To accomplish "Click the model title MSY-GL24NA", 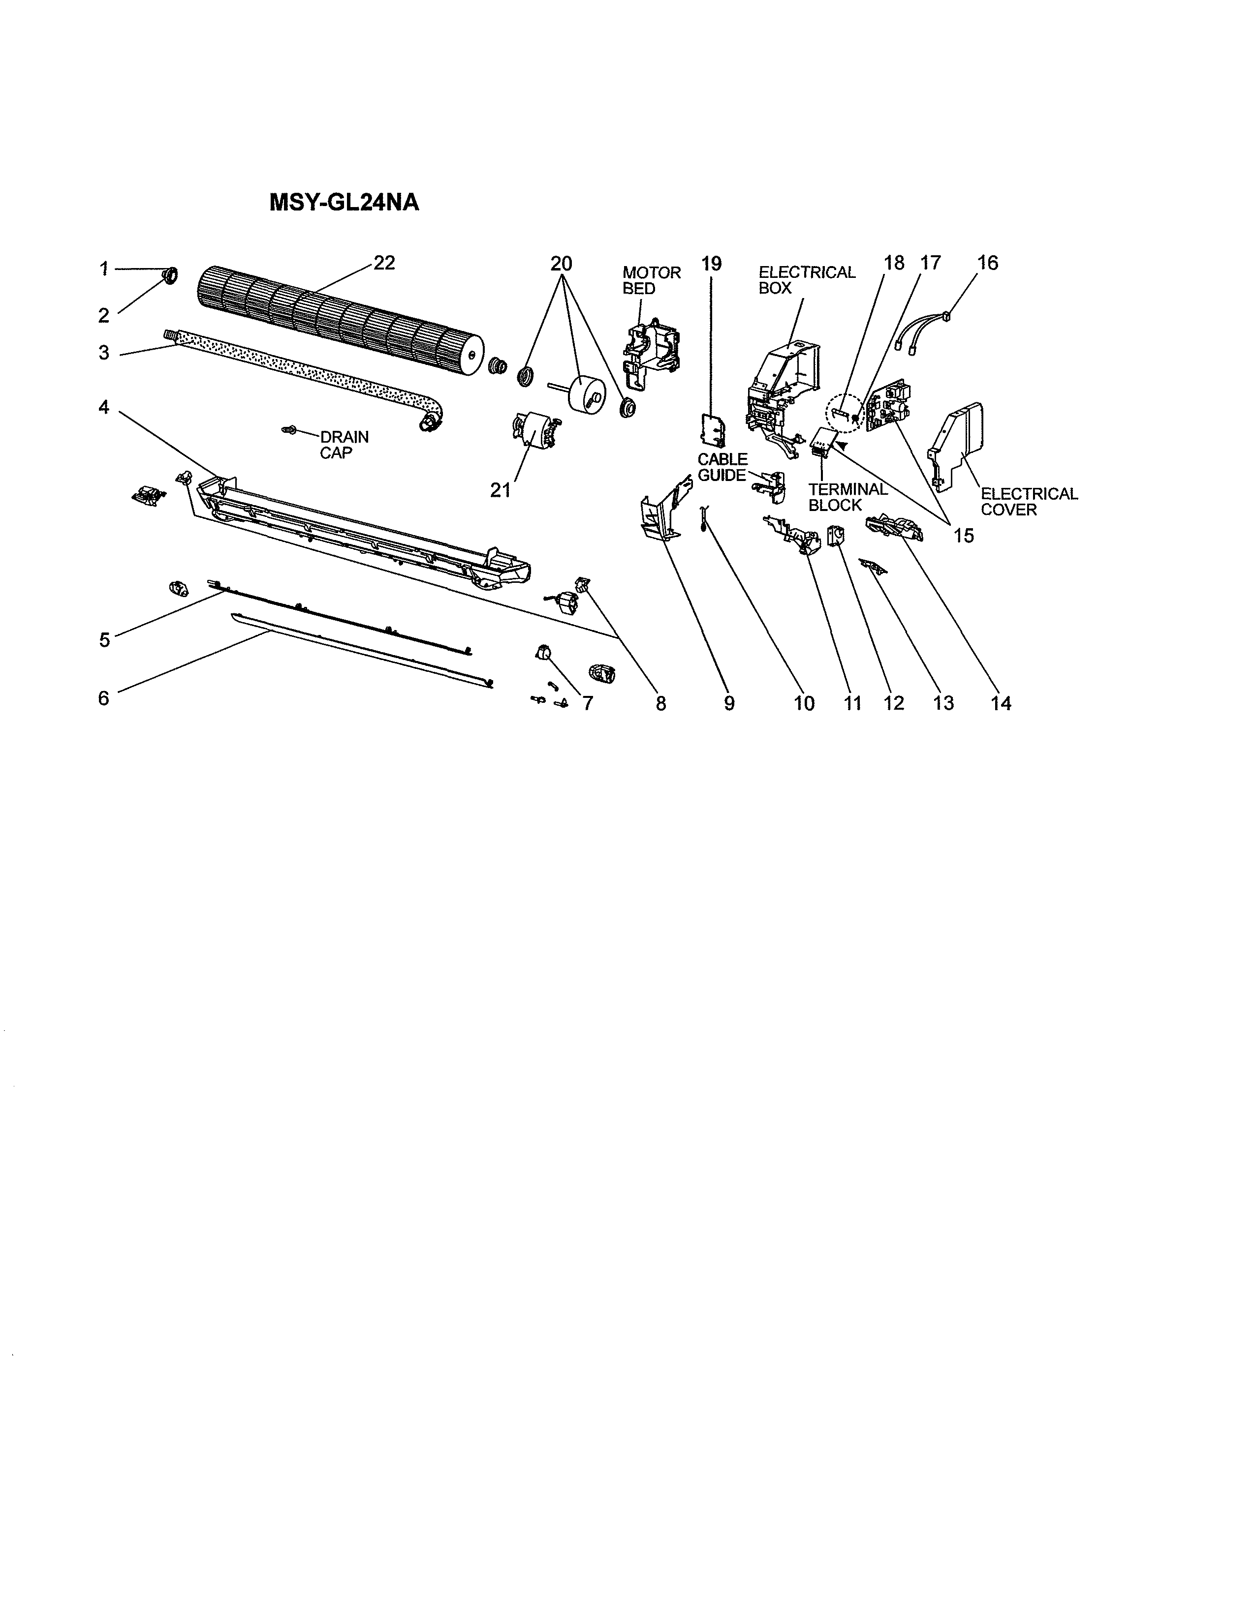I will pyautogui.click(x=344, y=203).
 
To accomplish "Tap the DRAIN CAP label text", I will pyautogui.click(x=344, y=445).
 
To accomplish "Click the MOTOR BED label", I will pyautogui.click(x=651, y=280).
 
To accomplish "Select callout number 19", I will pyautogui.click(x=711, y=264).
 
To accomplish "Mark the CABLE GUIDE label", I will pyautogui.click(x=722, y=467).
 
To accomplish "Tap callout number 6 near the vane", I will pyautogui.click(x=103, y=698).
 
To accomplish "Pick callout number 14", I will pyautogui.click(x=1001, y=703).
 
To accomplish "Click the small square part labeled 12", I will pyautogui.click(x=836, y=536).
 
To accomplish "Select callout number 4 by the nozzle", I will pyautogui.click(x=103, y=407).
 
